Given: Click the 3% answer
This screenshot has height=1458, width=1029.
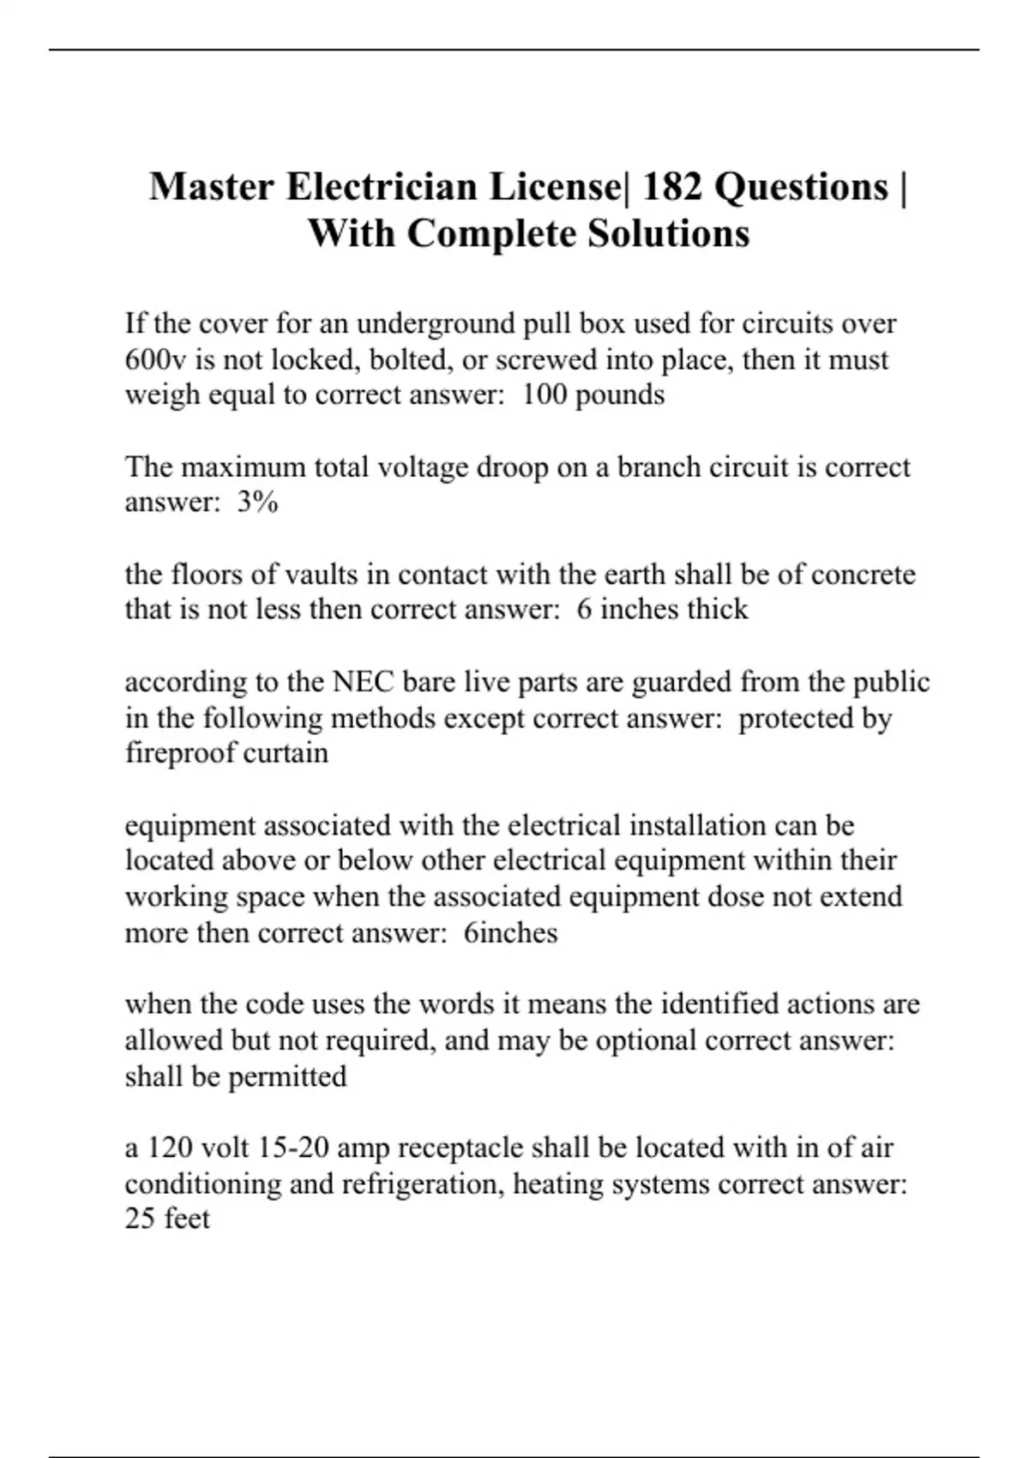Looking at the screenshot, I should point(257,503).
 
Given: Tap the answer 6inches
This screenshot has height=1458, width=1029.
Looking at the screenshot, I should point(510,932).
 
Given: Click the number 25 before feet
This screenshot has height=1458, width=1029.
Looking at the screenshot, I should point(140,1219).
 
